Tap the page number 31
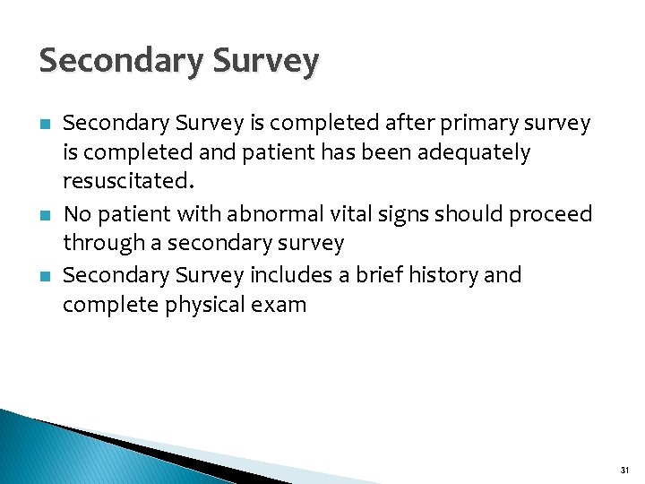(x=623, y=469)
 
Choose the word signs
(x=391, y=214)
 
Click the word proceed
(x=549, y=214)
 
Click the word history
(x=441, y=274)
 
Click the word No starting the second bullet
(x=78, y=214)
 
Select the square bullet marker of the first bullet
(x=44, y=124)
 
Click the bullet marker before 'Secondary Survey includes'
(x=44, y=275)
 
